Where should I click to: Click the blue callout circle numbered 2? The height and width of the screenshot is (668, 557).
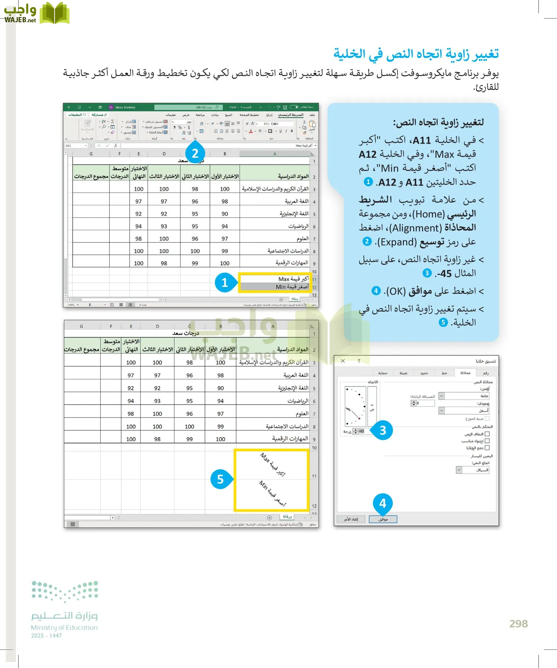point(195,153)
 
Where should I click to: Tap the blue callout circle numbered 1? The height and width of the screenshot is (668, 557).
point(224,283)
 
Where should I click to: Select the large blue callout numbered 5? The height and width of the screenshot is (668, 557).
point(220,479)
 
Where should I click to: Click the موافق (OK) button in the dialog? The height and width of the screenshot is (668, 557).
point(383,519)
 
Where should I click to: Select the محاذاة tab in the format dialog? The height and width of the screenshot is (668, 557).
point(465,373)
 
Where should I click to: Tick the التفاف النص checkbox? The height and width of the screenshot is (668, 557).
point(487,434)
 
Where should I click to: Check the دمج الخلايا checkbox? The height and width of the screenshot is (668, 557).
point(487,448)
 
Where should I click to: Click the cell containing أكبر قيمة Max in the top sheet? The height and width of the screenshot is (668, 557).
point(275,279)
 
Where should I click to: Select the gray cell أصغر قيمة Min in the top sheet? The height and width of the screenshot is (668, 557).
point(275,287)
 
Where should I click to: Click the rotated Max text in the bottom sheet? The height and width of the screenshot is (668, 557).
point(273,464)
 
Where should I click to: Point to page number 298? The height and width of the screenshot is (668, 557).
point(518,623)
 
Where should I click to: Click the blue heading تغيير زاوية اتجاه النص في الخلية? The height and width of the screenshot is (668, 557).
point(416,54)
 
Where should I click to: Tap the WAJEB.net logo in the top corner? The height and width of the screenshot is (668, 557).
point(35,13)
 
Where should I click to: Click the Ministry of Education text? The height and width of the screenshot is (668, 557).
point(64,628)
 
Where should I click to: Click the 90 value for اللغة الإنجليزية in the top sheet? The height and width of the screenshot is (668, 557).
point(225,214)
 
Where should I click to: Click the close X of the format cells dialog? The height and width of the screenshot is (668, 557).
point(343,361)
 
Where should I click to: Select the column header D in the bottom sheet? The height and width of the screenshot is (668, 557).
point(157,327)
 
